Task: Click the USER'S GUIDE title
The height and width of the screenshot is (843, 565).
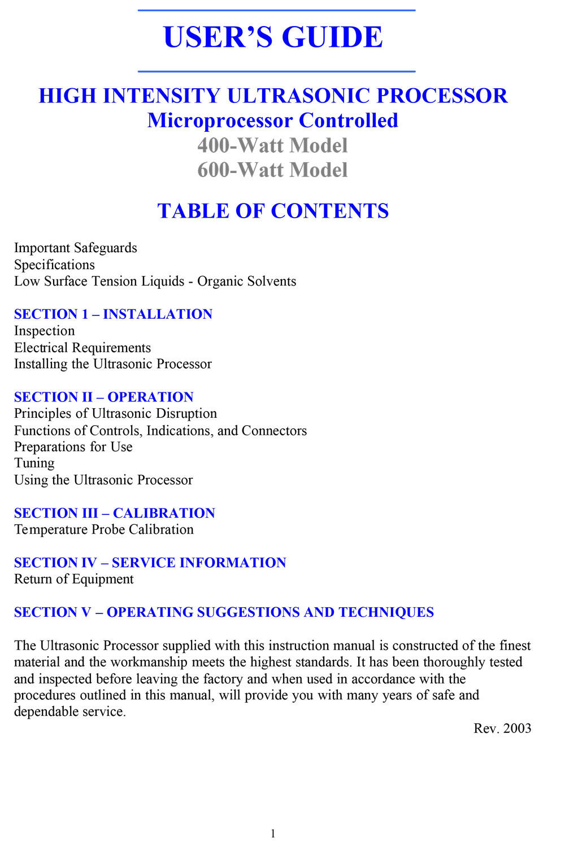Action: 273,37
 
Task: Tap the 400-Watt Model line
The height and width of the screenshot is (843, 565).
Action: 272,146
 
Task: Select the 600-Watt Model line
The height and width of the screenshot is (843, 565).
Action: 272,170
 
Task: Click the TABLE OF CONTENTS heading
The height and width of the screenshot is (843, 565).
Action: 273,211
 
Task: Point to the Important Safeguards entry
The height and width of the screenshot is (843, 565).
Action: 76,248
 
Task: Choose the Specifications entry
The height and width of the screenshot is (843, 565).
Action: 54,265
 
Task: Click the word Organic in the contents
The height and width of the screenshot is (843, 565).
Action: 220,281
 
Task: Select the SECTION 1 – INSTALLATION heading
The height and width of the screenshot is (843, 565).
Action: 113,314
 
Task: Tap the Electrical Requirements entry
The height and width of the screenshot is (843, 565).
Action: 82,348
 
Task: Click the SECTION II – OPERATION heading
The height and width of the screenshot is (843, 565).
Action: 104,397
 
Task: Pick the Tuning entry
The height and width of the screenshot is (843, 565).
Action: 34,463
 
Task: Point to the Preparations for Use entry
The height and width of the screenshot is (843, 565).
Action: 73,447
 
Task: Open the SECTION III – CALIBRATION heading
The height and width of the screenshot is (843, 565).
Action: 115,513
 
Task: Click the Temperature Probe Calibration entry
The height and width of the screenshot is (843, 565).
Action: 104,529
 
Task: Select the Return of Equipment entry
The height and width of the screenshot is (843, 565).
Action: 74,579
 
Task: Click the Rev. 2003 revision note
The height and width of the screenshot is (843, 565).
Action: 502,728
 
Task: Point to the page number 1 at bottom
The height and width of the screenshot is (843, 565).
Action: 273,833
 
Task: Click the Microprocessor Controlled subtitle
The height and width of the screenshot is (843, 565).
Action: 273,121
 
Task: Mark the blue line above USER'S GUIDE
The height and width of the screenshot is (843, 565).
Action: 276,10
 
